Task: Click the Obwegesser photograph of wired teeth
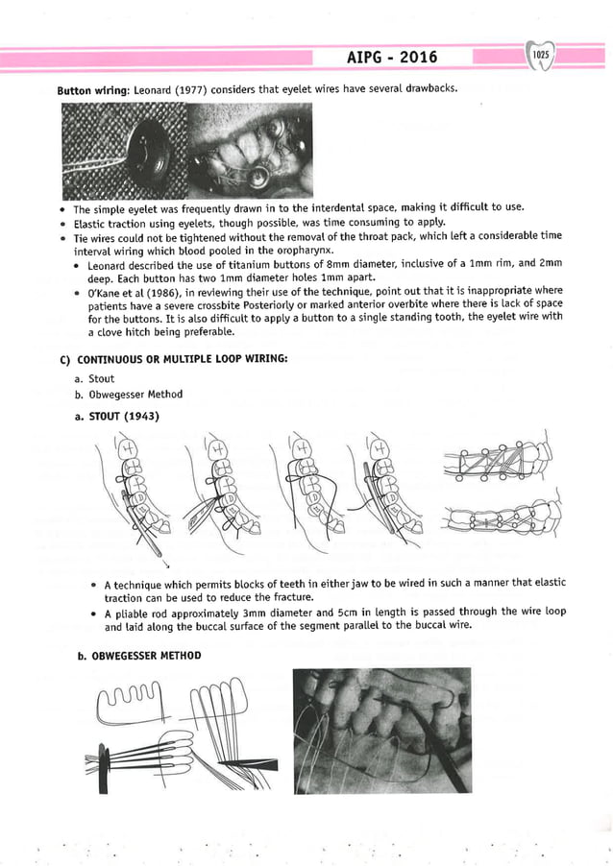coord(381,731)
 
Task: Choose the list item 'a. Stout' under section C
coord(101,379)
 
